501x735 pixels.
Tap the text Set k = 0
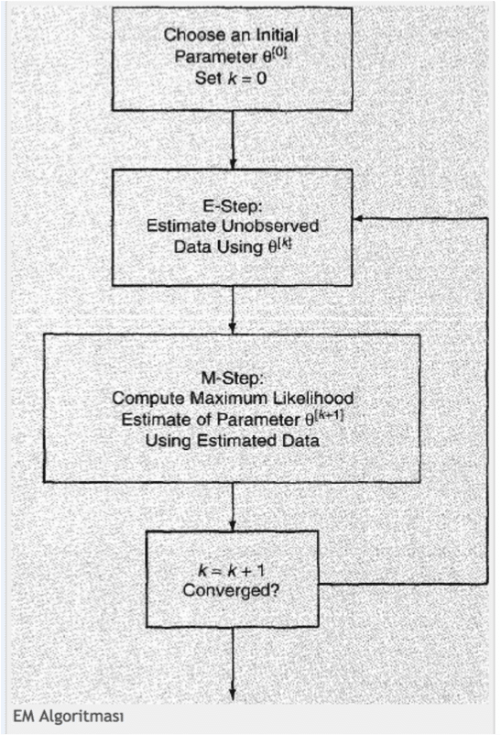[231, 78]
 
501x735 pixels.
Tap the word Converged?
[231, 589]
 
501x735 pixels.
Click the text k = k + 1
[232, 570]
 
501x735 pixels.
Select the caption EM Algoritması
[69, 717]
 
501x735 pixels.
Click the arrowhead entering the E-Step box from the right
[357, 218]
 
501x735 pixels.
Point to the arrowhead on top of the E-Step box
[233, 163]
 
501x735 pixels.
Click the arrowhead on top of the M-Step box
[233, 328]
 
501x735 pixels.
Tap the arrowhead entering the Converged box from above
[233, 525]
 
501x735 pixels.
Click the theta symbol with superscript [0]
[274, 55]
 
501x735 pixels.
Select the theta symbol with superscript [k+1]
[324, 418]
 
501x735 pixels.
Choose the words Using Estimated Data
[233, 441]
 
